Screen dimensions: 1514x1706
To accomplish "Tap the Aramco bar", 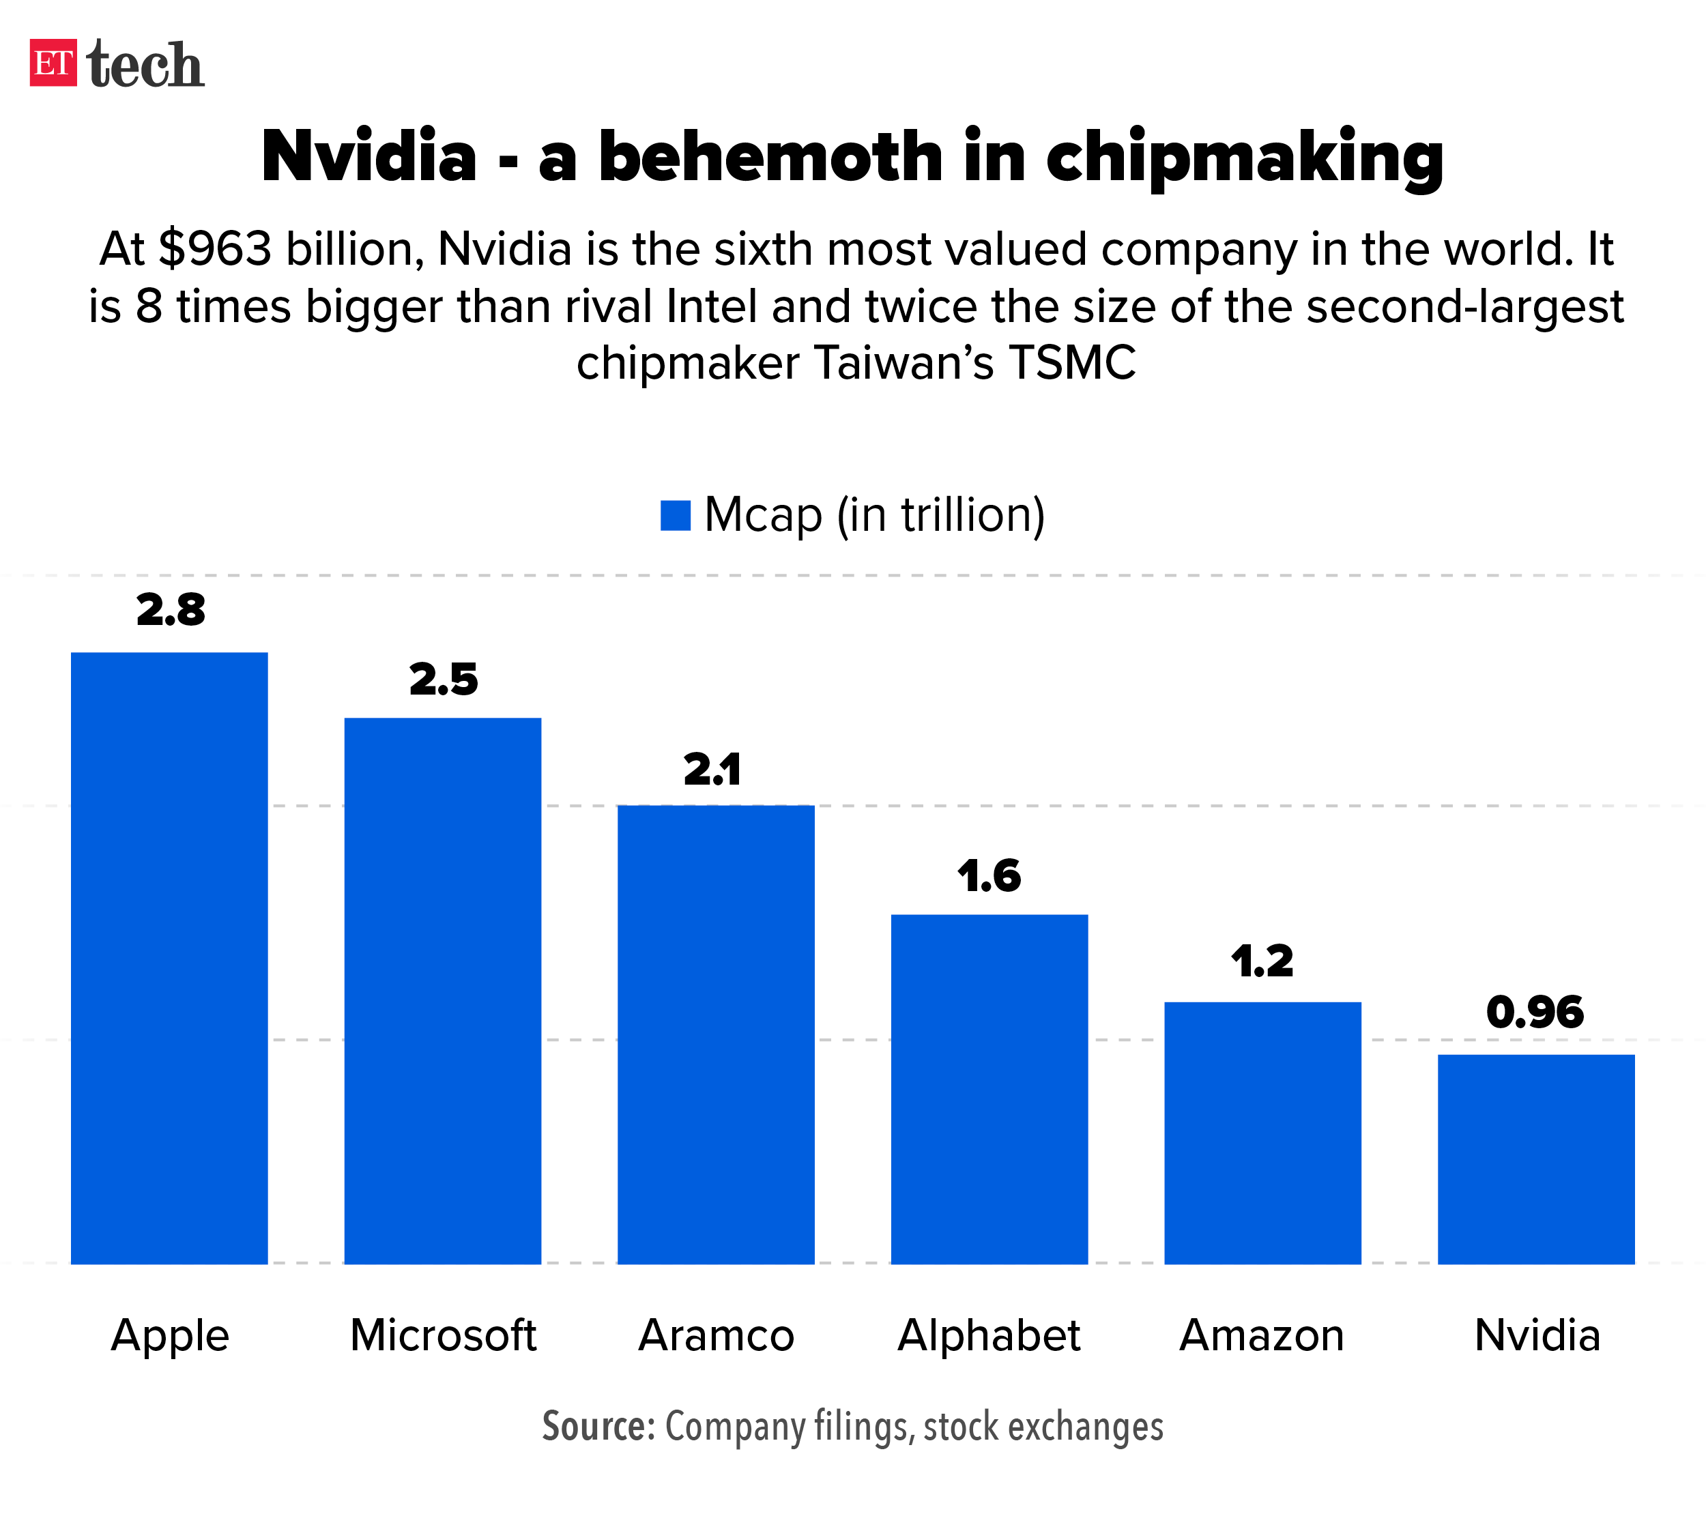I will click(716, 1034).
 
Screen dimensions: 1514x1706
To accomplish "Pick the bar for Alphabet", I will click(989, 1089).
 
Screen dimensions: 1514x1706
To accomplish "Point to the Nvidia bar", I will click(1535, 1159).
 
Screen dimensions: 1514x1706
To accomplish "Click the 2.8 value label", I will click(171, 610).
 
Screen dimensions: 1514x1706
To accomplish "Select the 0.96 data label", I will click(1535, 1013).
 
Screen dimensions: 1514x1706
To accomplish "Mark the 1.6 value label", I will click(989, 876).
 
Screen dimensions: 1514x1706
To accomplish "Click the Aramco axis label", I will click(716, 1335).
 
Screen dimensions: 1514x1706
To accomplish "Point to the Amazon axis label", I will click(1262, 1335).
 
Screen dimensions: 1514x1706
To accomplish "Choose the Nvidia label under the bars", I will click(1537, 1335).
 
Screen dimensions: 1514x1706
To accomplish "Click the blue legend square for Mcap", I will click(675, 516).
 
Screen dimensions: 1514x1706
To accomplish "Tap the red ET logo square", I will click(53, 63).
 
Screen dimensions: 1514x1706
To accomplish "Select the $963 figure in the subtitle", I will click(216, 249).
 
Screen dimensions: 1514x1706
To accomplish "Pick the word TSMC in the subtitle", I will click(1071, 363).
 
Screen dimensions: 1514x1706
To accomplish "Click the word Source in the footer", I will click(598, 1427).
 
